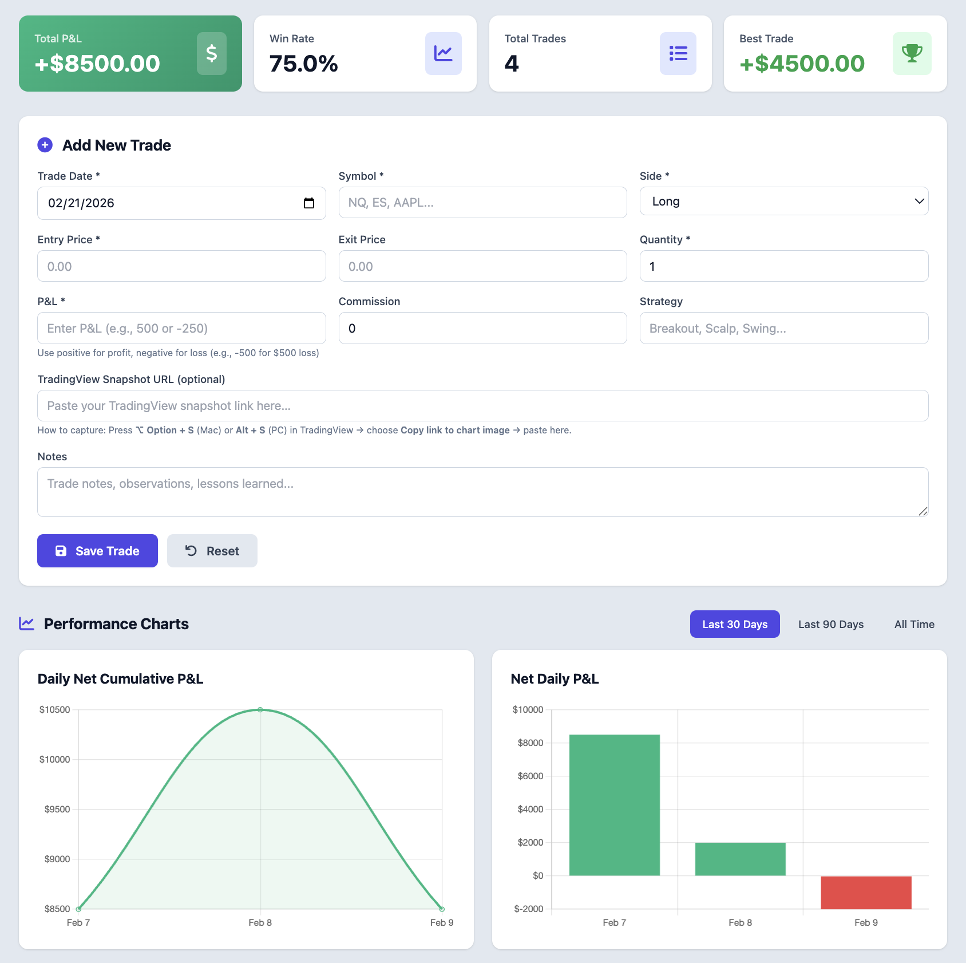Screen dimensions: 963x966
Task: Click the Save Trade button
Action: (97, 551)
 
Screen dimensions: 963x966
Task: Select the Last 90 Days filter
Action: (830, 624)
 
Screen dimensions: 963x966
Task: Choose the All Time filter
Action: (914, 624)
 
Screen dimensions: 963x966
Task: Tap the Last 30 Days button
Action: (734, 624)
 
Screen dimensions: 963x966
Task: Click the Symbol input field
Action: (482, 203)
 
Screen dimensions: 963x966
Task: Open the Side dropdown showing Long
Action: (783, 202)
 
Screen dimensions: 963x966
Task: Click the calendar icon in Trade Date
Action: (309, 203)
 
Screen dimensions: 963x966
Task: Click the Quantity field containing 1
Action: (783, 266)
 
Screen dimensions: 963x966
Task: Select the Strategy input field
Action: (783, 328)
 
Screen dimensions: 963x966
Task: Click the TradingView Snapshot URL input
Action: (482, 406)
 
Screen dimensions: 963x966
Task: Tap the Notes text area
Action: (482, 492)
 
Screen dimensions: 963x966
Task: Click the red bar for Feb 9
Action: (866, 892)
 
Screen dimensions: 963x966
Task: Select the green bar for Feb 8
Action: (740, 859)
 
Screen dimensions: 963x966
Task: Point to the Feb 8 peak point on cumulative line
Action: (260, 710)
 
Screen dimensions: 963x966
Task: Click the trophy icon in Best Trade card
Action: (912, 54)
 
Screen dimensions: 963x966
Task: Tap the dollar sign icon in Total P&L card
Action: (212, 54)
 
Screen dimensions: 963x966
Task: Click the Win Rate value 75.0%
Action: (303, 64)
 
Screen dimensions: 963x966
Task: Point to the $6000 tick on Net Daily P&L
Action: (530, 776)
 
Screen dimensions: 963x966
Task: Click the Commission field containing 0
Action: (482, 328)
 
